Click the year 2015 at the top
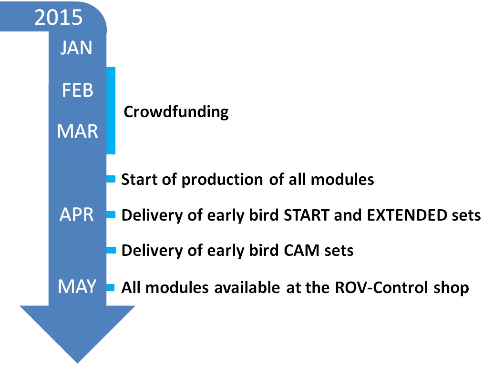tap(58, 18)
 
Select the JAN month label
tap(76, 48)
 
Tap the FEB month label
tap(77, 90)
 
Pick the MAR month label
tap(77, 131)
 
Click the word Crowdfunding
tap(176, 112)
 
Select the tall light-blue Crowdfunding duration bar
tap(111, 110)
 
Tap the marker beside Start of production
tap(111, 179)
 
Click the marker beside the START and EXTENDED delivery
tap(111, 215)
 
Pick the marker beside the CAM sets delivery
tap(111, 250)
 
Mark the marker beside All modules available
tap(111, 287)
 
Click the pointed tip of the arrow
tap(77, 361)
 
